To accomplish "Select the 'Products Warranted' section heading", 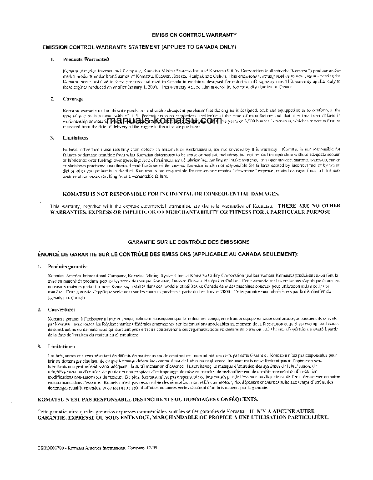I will (x=86, y=59).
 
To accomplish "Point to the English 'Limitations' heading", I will (x=75, y=138).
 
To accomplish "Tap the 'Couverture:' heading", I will (x=62, y=309).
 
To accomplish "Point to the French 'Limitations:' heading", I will (x=62, y=346).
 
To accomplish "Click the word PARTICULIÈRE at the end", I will (x=303, y=417).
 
